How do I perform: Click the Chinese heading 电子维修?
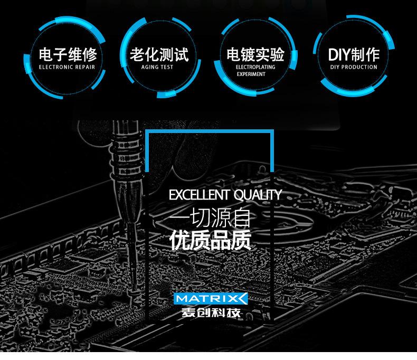coord(68,54)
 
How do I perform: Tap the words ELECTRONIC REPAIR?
coord(67,67)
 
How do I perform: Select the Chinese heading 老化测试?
coord(159,54)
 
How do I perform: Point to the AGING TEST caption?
coord(157,67)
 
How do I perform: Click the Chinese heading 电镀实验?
coord(255,54)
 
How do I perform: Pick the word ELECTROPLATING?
coord(255,67)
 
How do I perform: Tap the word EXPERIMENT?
coord(251,74)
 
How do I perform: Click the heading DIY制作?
coord(354,54)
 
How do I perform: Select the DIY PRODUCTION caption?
coord(354,67)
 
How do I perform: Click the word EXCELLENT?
coord(200,195)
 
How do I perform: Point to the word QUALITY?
coord(258,195)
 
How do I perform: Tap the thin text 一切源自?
coord(211,218)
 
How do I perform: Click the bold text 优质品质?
coord(211,240)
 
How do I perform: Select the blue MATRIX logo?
coord(211,299)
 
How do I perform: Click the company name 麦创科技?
coord(211,312)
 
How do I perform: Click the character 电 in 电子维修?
coord(46,54)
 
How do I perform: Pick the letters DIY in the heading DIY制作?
coord(339,55)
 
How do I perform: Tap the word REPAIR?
coord(85,67)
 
